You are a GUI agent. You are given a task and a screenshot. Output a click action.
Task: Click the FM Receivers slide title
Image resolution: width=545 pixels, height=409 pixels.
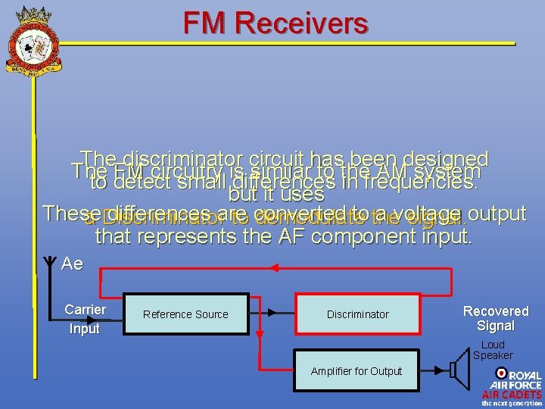[x=275, y=23]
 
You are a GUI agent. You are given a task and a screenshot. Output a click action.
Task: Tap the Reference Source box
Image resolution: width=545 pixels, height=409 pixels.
[x=185, y=314]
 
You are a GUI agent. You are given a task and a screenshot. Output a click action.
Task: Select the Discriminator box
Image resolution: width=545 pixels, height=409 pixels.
[x=357, y=314]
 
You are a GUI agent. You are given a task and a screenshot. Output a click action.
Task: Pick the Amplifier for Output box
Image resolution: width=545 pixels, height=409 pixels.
[x=356, y=370]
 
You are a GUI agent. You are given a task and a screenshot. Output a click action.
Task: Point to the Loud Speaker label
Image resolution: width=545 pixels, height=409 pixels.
[x=493, y=350]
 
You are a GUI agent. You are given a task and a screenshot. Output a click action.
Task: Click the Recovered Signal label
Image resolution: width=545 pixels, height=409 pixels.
[x=496, y=318]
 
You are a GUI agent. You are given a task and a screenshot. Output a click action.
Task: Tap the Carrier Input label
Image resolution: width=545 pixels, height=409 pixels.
[x=85, y=319]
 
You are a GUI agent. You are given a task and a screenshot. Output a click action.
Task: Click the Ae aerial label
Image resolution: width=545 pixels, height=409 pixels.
[x=72, y=264]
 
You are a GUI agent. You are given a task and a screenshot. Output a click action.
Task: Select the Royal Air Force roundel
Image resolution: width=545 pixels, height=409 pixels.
[x=501, y=373]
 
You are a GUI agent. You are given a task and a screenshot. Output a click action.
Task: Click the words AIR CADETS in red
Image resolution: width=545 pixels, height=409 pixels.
[x=512, y=395]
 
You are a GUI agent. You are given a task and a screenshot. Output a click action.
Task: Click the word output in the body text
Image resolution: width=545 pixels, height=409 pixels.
[x=497, y=213]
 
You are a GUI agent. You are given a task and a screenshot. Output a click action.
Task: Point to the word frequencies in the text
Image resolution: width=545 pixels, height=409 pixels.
[x=421, y=183]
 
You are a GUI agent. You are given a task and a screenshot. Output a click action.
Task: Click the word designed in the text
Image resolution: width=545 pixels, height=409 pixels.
[x=447, y=159]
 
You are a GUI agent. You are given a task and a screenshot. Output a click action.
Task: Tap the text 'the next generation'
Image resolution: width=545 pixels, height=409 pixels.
[x=512, y=404]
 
